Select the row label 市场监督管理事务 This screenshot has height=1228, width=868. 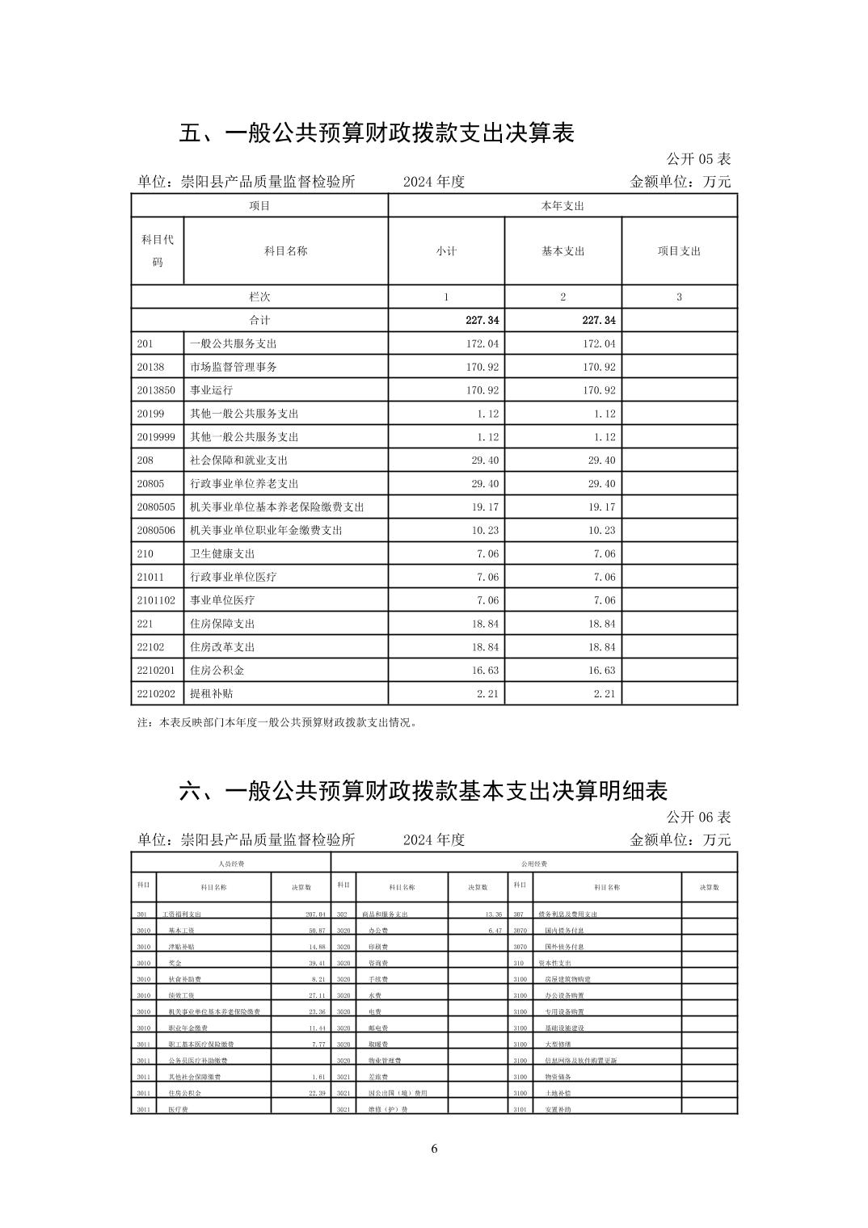pos(233,367)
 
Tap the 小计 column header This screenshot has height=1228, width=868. pos(446,251)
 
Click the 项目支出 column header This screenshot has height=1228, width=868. pos(679,251)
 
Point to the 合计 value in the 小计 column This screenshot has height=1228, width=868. pos(482,321)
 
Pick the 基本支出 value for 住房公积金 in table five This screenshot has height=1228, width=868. pos(599,671)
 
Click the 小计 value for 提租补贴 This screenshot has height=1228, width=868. pos(482,694)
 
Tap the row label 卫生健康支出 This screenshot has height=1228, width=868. pos(222,553)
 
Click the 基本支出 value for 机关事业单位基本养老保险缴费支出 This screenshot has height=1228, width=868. pos(599,507)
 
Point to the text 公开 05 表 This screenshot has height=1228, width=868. pos(698,159)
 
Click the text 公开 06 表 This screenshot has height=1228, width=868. pos(698,818)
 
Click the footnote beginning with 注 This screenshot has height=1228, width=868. pos(278,723)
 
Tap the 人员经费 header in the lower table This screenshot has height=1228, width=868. pos(231,864)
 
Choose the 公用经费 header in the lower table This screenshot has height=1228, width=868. pos(534,864)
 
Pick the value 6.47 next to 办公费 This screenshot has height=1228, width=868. pos(495,931)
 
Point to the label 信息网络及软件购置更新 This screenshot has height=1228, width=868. pos(575,1061)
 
